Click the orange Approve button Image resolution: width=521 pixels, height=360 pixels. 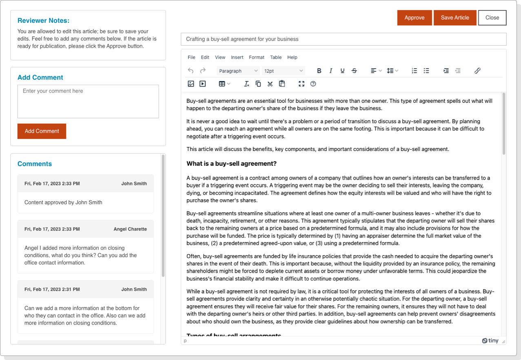tap(414, 18)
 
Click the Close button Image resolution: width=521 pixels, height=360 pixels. tap(492, 18)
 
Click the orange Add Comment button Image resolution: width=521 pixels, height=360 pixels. tap(42, 131)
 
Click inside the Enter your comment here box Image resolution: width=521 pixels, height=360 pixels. tap(88, 101)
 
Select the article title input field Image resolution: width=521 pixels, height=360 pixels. tap(343, 39)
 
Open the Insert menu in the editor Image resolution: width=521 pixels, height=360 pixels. tap(237, 58)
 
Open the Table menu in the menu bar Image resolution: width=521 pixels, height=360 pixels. tap(276, 58)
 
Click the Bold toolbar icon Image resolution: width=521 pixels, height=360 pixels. tap(319, 71)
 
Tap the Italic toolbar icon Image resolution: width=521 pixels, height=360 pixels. tap(331, 71)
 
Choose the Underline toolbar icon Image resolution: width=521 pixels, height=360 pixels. tap(342, 71)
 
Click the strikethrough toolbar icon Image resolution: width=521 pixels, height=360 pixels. tap(354, 71)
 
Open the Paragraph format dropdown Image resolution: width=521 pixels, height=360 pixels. tap(238, 71)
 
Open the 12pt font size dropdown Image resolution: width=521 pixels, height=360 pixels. tap(283, 71)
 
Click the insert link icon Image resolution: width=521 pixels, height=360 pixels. tap(477, 71)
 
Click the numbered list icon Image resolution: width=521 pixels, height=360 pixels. tap(414, 71)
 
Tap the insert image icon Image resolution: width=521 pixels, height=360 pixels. tap(191, 84)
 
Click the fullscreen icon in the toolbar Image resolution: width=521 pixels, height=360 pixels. tap(302, 84)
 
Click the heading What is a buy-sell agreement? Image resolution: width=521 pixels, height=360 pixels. tap(231, 164)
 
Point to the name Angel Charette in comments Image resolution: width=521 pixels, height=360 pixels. tap(130, 229)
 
